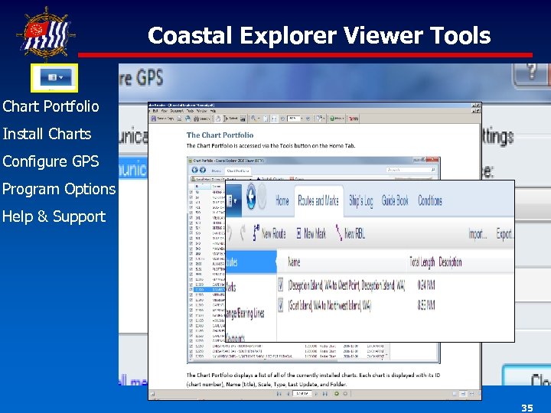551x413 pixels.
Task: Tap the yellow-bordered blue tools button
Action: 54,78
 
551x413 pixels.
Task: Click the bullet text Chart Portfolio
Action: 51,106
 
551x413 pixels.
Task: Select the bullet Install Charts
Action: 47,134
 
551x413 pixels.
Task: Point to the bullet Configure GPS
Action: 51,161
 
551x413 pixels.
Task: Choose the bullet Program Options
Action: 58,189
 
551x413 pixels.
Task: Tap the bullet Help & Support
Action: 54,216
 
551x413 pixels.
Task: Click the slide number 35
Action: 527,408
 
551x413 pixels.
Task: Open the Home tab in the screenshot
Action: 282,200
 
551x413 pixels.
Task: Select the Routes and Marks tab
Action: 317,200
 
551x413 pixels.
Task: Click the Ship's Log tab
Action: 360,200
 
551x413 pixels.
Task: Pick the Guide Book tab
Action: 395,200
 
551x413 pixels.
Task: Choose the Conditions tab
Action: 429,200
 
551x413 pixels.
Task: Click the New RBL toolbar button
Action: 354,234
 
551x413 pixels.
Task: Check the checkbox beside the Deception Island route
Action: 282,285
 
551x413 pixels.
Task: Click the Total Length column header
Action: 423,262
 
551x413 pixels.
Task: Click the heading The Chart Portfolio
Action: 220,135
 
